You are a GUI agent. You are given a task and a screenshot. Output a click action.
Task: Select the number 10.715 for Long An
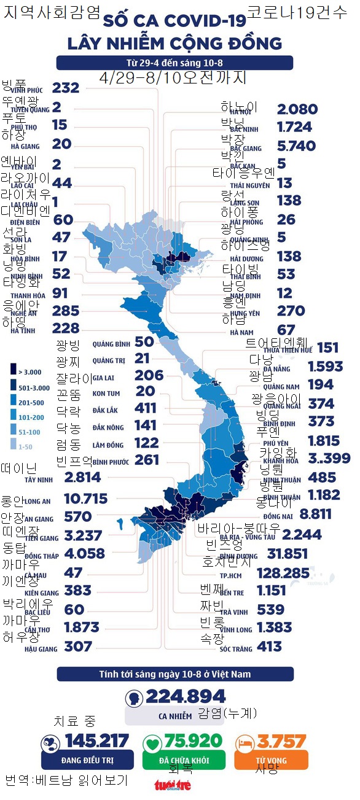point(86,498)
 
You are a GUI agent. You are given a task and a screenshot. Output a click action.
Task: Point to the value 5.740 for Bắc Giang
point(297,146)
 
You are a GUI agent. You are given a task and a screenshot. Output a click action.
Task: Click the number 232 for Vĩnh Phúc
point(66,88)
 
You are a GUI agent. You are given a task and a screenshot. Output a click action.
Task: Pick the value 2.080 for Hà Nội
point(297,109)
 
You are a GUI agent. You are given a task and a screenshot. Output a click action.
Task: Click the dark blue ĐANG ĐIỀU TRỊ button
point(87,760)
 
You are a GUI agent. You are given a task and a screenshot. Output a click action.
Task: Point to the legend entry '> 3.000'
point(25,371)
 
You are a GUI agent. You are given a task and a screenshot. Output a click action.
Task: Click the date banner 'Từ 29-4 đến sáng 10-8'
point(175,63)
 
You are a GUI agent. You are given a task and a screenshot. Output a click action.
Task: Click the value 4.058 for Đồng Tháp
point(84,553)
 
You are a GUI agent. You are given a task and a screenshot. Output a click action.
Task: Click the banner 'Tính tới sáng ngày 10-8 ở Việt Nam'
point(175,674)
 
